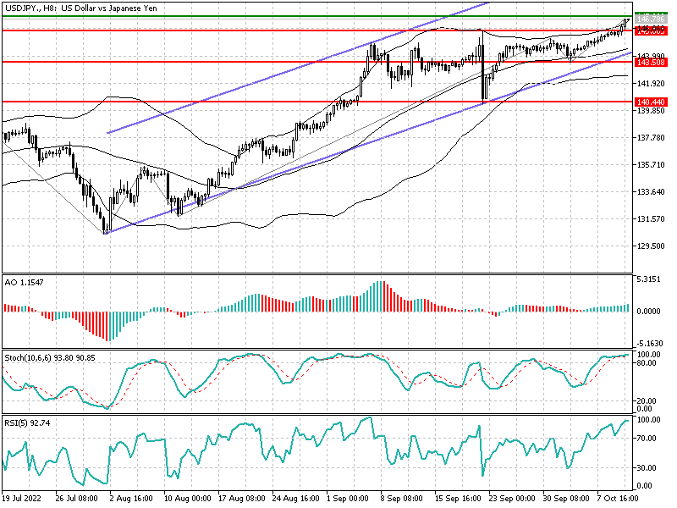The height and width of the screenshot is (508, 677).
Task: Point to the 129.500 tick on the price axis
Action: [649, 246]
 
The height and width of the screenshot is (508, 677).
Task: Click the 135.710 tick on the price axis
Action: [649, 165]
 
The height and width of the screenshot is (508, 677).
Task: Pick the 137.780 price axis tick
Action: [649, 138]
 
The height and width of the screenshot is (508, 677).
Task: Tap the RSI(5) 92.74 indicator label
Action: [27, 422]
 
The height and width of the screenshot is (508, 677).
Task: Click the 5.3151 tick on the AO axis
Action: [649, 279]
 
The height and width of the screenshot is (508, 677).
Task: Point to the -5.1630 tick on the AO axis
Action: [649, 344]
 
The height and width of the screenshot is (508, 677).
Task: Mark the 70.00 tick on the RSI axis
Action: [649, 439]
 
